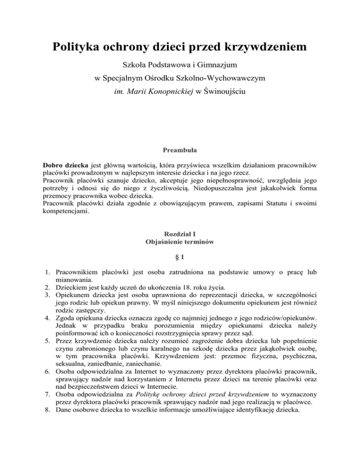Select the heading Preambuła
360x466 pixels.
pyautogui.click(x=180, y=151)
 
